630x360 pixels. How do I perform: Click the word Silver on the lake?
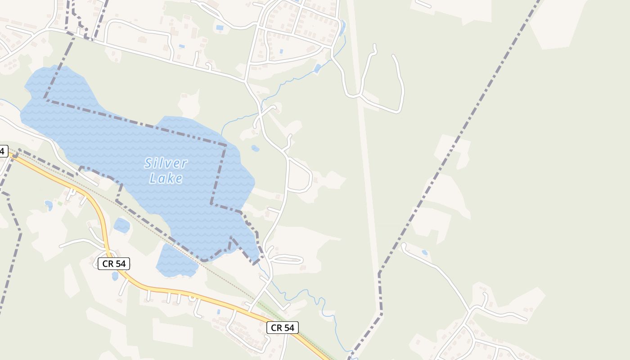[x=166, y=163]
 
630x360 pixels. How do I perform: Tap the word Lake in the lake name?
[x=166, y=179]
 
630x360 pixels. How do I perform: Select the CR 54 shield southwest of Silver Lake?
[x=113, y=264]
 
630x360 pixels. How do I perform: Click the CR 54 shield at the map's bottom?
[x=282, y=328]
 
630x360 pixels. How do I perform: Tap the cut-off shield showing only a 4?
[x=3, y=151]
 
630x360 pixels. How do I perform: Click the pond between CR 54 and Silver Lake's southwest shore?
[x=121, y=225]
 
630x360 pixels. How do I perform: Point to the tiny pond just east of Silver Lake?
[x=255, y=148]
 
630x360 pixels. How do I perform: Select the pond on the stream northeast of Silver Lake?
[x=318, y=68]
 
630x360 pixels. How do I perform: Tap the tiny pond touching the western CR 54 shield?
[x=115, y=276]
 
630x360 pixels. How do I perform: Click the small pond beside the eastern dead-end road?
[x=424, y=253]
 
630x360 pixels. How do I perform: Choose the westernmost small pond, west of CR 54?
[x=49, y=205]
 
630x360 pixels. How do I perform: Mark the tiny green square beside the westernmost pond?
[x=60, y=203]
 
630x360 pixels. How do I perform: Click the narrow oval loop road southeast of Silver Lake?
[x=286, y=259]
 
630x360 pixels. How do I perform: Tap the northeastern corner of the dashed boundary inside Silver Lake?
[x=225, y=145]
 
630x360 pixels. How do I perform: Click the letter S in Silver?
[x=148, y=163]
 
